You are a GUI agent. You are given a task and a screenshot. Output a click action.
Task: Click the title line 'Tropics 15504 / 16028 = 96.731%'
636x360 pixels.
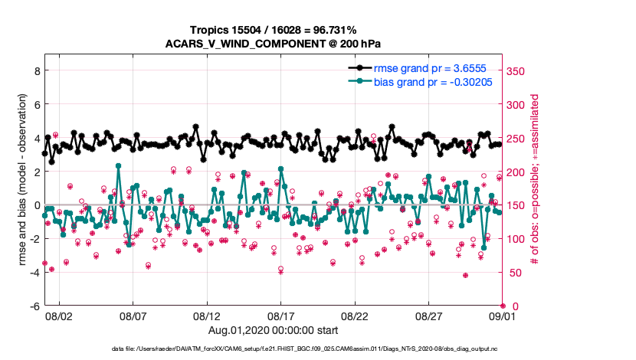[273, 31]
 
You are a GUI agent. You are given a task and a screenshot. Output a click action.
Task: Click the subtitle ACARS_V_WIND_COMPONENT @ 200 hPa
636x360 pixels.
[273, 44]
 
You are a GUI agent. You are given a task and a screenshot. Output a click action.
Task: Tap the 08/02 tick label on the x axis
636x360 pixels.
[58, 316]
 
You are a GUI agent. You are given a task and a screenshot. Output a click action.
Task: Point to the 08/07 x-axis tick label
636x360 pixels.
[133, 316]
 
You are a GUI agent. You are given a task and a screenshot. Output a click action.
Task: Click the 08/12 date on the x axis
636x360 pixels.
[207, 316]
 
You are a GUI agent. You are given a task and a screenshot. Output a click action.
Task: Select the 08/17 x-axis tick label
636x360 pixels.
[281, 316]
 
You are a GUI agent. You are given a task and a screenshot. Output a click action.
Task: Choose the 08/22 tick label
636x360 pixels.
[355, 316]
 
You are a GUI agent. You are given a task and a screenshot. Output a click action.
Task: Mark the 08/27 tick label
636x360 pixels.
[429, 316]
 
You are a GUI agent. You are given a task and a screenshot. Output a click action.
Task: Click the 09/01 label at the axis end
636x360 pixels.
[502, 316]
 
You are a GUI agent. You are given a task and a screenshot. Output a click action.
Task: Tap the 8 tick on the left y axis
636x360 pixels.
[35, 70]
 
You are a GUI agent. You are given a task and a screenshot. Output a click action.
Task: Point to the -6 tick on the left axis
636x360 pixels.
[34, 306]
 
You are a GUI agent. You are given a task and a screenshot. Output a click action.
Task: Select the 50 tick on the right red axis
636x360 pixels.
[515, 273]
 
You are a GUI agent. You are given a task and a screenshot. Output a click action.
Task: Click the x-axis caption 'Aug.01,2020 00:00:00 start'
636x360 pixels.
[273, 330]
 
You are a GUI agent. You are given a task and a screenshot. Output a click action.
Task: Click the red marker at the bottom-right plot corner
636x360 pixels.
[503, 306]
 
